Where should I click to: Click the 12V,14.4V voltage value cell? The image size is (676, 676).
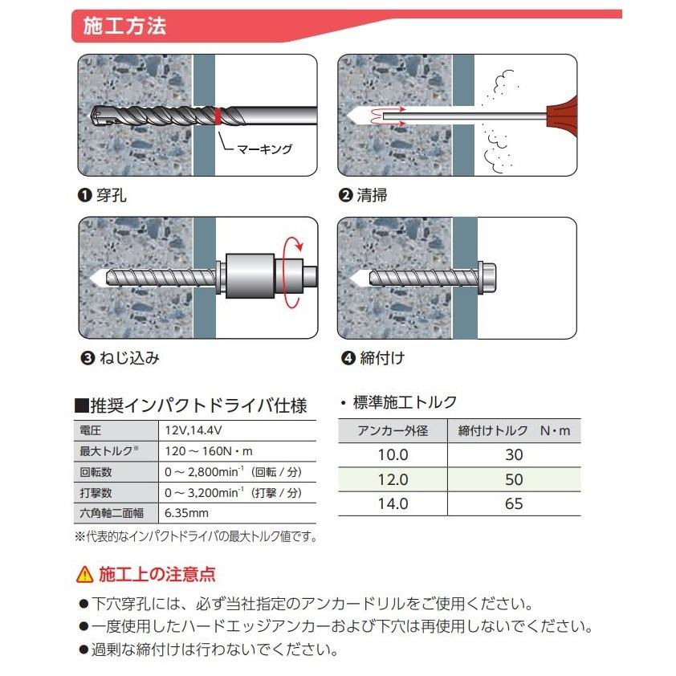click(189, 429)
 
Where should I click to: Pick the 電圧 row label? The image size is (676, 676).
click(91, 429)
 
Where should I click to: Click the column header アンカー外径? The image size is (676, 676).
click(393, 431)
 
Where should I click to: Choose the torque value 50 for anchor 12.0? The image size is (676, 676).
click(514, 479)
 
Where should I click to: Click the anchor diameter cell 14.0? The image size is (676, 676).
click(393, 504)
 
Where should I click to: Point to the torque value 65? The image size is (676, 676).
click(514, 504)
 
